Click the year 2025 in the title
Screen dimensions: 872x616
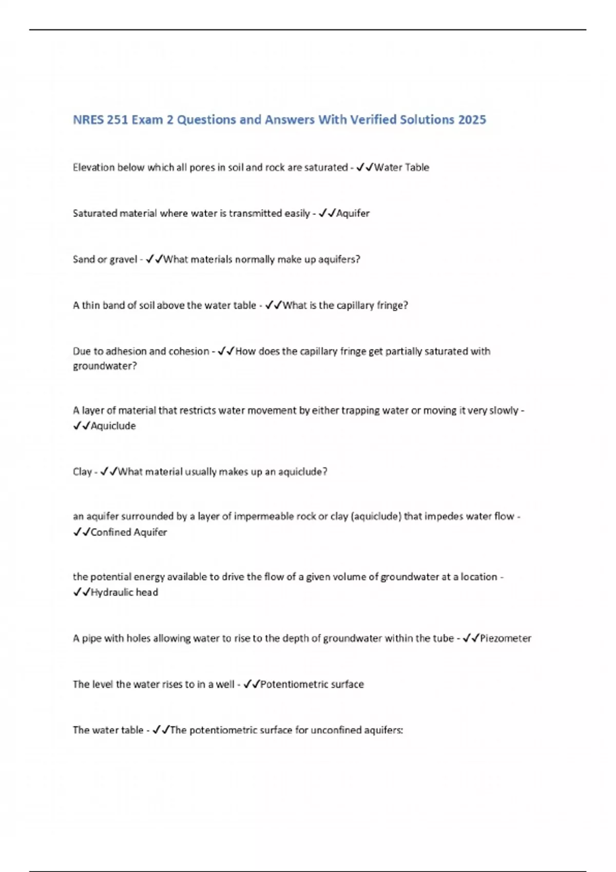click(472, 120)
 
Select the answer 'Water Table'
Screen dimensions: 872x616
click(401, 167)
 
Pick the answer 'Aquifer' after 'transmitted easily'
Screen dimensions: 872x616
click(353, 213)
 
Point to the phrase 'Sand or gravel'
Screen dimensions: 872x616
click(105, 259)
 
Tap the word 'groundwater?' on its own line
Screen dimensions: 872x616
click(105, 366)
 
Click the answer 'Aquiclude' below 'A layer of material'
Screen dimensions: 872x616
click(113, 426)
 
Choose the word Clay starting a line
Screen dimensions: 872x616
click(82, 471)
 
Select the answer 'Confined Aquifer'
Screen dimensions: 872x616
click(129, 532)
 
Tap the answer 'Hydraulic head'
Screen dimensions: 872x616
click(124, 592)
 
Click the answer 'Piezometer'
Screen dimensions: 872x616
click(505, 638)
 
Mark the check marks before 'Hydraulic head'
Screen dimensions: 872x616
click(81, 592)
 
